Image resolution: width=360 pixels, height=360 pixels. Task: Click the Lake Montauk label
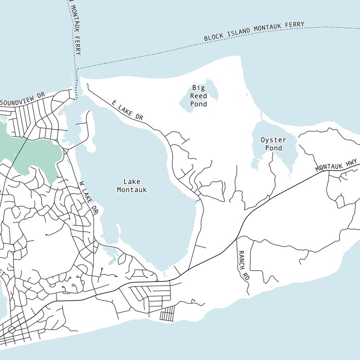pyautogui.click(x=132, y=186)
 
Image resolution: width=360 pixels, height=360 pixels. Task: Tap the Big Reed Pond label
pyautogui.click(x=199, y=96)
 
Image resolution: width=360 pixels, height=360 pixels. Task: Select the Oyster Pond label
pyautogui.click(x=273, y=144)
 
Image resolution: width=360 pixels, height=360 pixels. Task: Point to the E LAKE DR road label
pyautogui.click(x=127, y=110)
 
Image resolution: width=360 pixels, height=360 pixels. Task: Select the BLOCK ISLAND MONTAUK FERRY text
pyautogui.click(x=254, y=32)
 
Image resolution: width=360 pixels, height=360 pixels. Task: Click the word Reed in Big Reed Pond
pyautogui.click(x=199, y=96)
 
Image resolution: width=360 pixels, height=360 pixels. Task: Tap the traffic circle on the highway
pyautogui.click(x=12, y=330)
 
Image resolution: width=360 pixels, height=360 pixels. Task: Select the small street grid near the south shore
pyautogui.click(x=168, y=313)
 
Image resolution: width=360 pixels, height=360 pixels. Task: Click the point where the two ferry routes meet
pyautogui.click(x=78, y=69)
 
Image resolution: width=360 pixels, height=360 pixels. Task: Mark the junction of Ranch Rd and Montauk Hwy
pyautogui.click(x=237, y=238)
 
